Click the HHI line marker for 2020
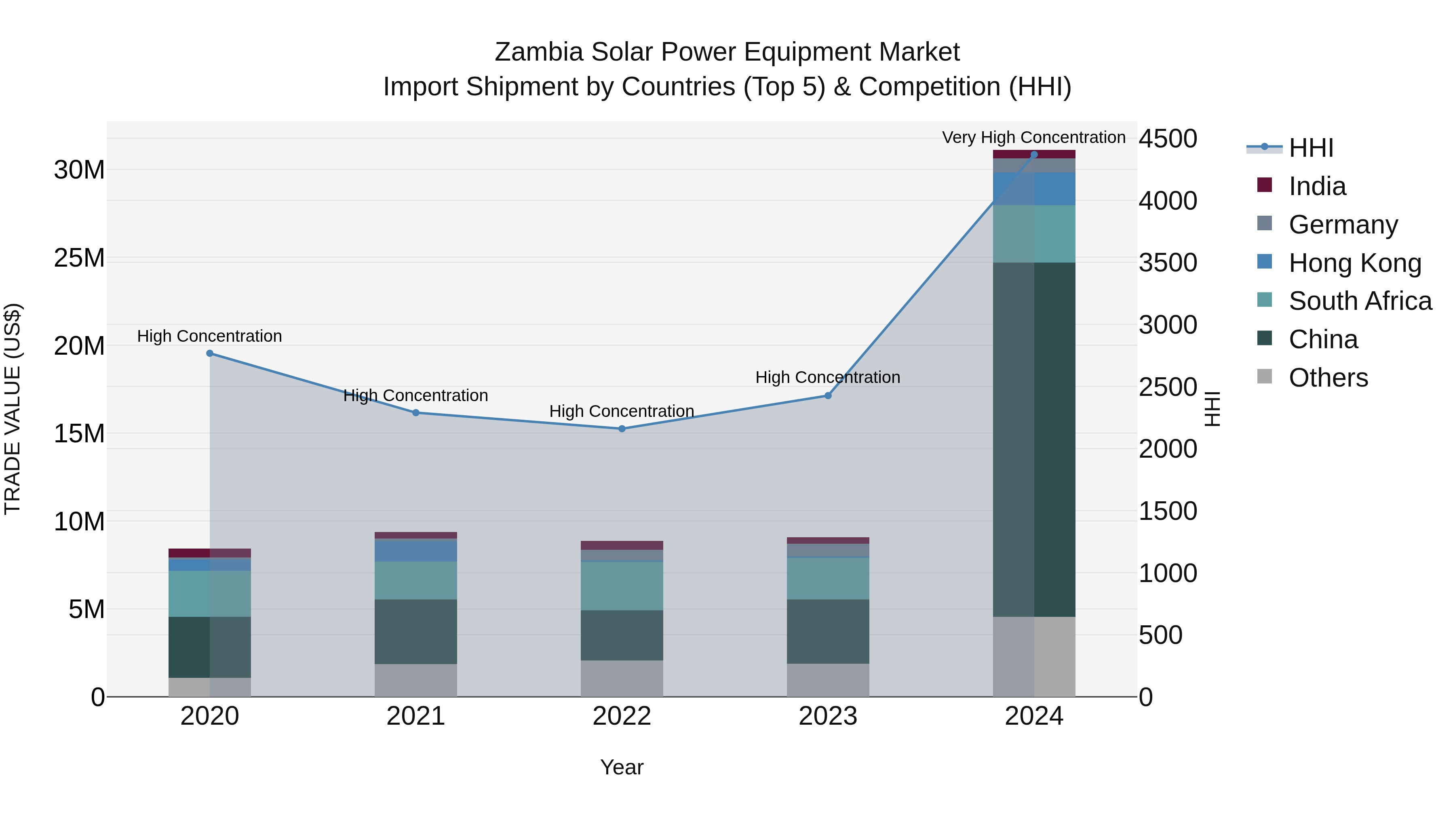coord(209,353)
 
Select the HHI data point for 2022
coord(622,429)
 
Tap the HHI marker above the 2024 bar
coord(1034,154)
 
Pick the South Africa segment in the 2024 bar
coord(1034,234)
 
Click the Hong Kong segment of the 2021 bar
coord(416,551)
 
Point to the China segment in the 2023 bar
coord(828,631)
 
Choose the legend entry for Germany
coord(1343,225)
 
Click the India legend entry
coord(1317,186)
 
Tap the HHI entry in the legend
coord(1310,148)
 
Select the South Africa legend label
coord(1360,301)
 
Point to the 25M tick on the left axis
coord(79,258)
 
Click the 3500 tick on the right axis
coord(1168,263)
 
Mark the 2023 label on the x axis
coord(828,716)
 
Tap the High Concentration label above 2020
coord(209,336)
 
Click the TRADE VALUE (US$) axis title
coord(13,409)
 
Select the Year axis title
coord(622,767)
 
